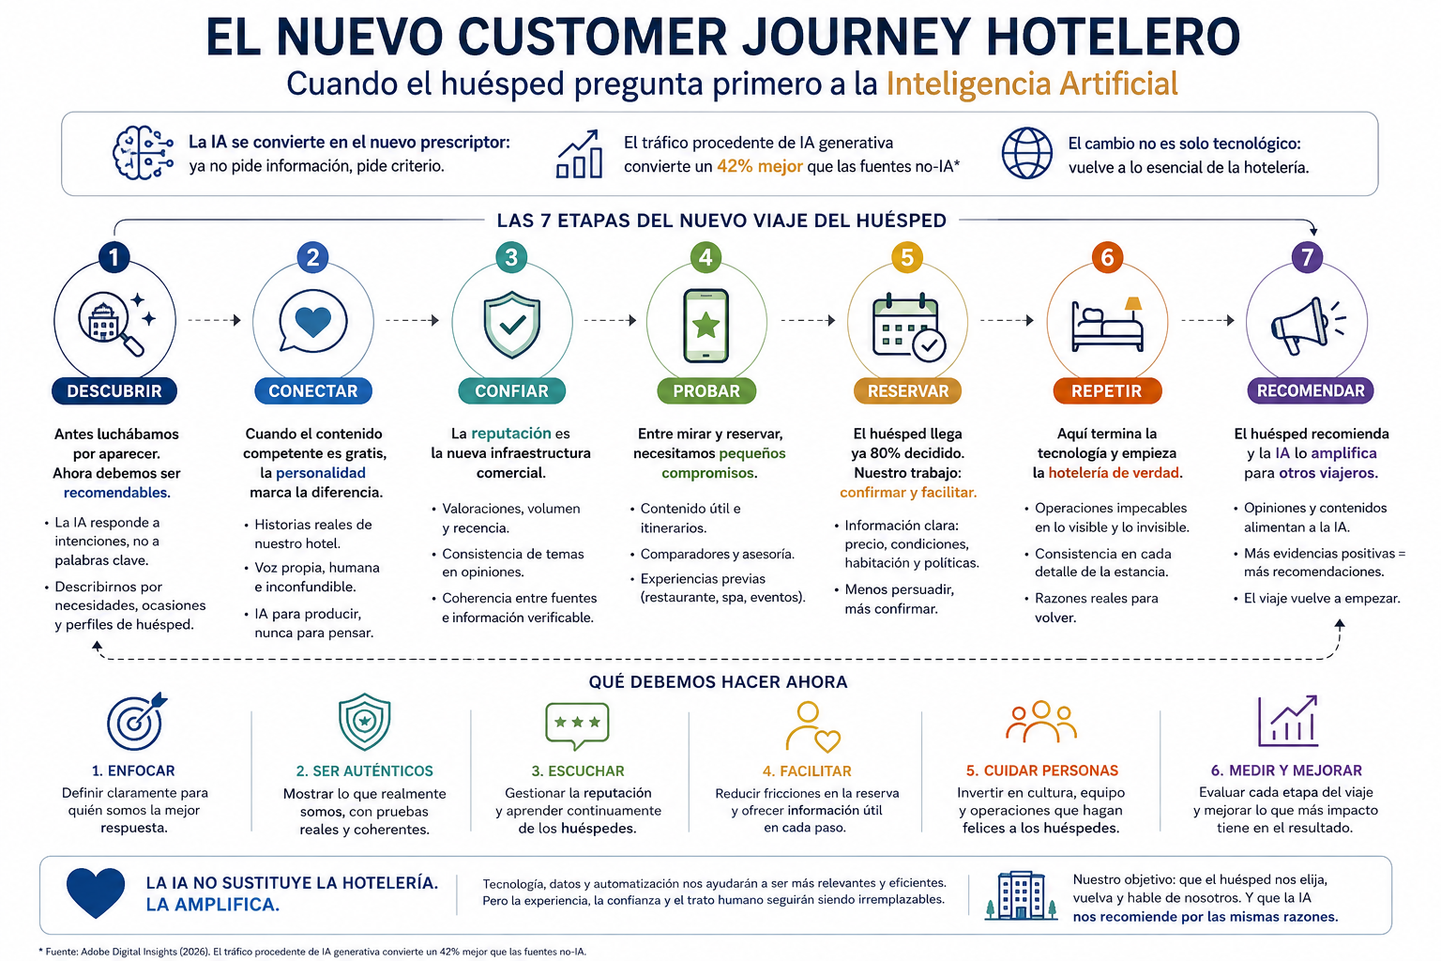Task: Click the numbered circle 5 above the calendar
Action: [907, 257]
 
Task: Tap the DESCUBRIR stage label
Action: [114, 390]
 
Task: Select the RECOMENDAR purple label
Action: [1311, 390]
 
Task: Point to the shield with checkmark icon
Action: [512, 325]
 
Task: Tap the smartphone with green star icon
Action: [705, 325]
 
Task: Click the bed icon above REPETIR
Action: [1107, 324]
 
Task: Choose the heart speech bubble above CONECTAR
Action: [312, 321]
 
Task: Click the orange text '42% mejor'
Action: [760, 166]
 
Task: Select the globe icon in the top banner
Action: [1026, 153]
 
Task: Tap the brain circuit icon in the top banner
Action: [143, 153]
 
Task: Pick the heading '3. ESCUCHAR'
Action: [578, 770]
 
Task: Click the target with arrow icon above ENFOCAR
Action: [136, 721]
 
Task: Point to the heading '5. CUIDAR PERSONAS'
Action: [1042, 770]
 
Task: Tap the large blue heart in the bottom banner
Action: [95, 892]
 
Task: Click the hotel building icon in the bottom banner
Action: [1021, 895]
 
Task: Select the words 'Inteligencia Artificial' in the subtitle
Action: [1032, 84]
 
